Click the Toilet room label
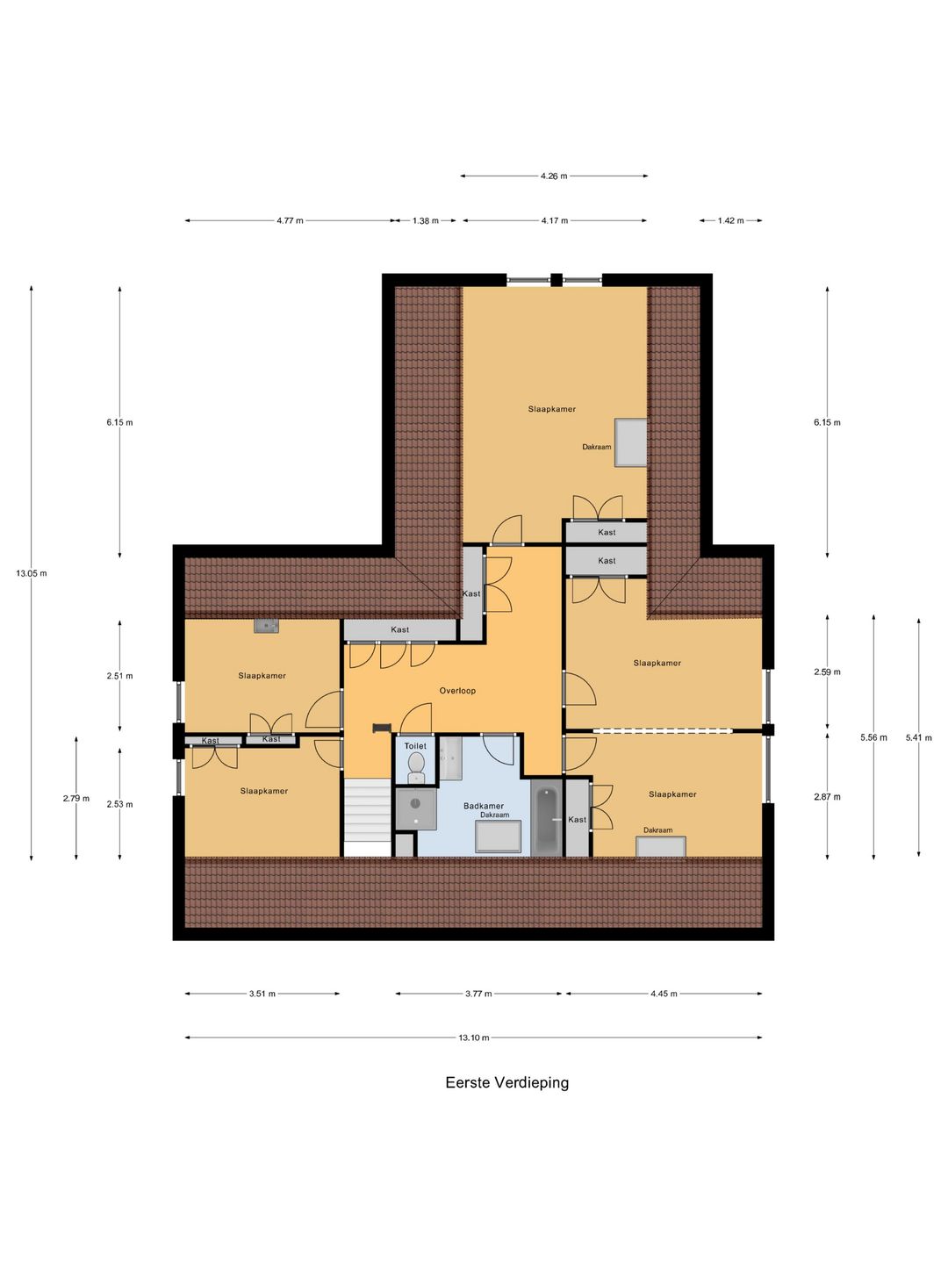click(x=415, y=746)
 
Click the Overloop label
click(x=457, y=691)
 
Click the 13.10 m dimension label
click(x=474, y=1038)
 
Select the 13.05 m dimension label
click(x=32, y=573)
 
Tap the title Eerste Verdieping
click(x=507, y=1082)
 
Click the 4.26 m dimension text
click(x=554, y=176)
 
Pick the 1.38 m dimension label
click(x=426, y=220)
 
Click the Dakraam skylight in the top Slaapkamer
click(x=631, y=442)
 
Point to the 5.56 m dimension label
click(x=873, y=737)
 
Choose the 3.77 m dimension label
click(x=479, y=994)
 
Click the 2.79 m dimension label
click(x=76, y=798)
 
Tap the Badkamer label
click(x=484, y=806)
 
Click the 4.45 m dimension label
click(x=664, y=994)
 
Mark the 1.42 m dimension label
click(x=730, y=220)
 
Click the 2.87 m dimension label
click(x=827, y=797)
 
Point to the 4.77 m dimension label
click(x=290, y=220)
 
